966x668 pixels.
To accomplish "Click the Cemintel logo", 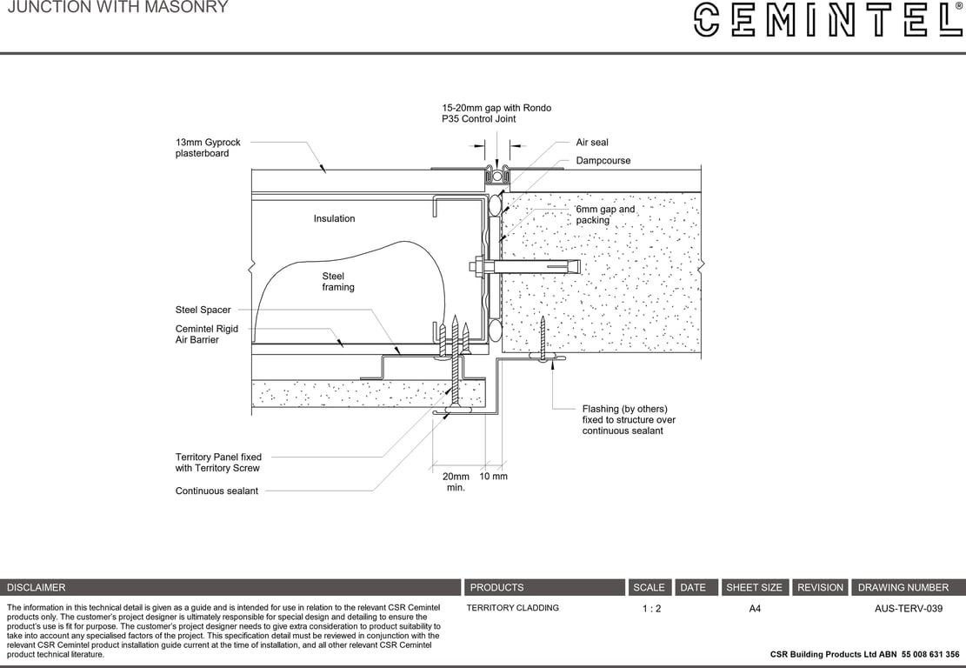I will (x=828, y=19).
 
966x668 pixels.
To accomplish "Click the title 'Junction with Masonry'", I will (x=117, y=8).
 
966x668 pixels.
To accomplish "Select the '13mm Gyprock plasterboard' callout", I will (x=208, y=148).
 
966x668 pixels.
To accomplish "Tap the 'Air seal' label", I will (x=592, y=143).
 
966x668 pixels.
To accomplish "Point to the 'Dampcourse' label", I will (x=603, y=161).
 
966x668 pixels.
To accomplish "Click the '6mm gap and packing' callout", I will (x=605, y=215).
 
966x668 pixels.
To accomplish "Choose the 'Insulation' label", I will (x=334, y=219).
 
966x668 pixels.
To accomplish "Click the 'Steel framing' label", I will (x=337, y=282).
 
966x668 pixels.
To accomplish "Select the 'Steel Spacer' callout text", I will (x=203, y=310).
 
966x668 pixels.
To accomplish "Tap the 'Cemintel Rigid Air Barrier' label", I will (x=206, y=334).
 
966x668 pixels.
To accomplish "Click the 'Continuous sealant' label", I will (x=217, y=491).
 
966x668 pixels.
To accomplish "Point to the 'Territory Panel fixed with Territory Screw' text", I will (x=218, y=463).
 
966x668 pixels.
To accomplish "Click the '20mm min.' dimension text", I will (x=456, y=482).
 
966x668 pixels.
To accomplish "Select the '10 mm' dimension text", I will (x=493, y=477).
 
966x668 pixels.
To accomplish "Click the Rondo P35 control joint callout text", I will (x=496, y=113).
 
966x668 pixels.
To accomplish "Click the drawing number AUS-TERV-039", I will (x=908, y=609).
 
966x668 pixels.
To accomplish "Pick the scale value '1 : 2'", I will (x=651, y=609).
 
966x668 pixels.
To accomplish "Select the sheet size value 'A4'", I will (x=755, y=609).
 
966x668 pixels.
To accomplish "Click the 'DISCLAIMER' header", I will (x=37, y=588).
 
